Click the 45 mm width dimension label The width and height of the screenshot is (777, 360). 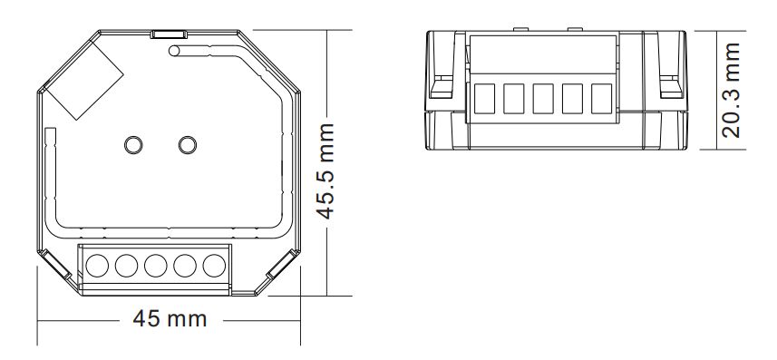(170, 319)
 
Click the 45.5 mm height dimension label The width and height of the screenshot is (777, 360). (326, 171)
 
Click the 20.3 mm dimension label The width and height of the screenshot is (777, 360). (731, 90)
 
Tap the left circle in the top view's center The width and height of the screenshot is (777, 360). (133, 145)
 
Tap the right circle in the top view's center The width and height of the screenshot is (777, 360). (188, 145)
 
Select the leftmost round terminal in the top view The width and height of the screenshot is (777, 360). (97, 266)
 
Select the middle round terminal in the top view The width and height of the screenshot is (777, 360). (156, 266)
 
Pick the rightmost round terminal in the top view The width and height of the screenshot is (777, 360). (214, 266)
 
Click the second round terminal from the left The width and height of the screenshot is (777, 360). (126, 266)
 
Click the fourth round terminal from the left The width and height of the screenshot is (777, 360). (185, 266)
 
